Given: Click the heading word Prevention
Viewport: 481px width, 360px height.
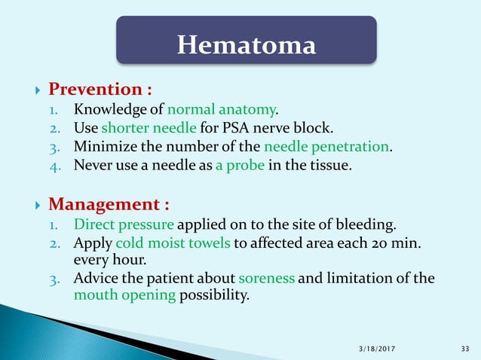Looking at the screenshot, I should pos(100,90).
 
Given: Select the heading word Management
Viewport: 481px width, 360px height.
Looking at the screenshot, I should pos(109,204).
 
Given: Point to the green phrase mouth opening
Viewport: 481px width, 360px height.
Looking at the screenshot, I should pos(124,294).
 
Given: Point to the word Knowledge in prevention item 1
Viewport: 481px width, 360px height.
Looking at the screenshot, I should pos(110,111).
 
